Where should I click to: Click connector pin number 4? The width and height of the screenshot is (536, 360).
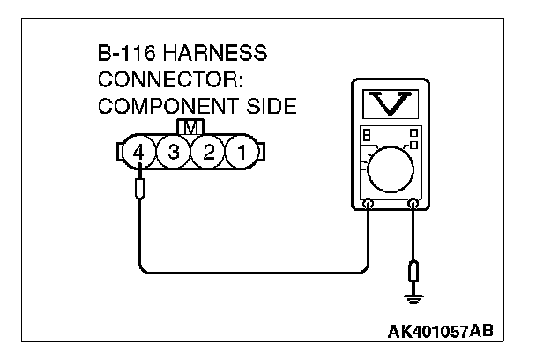(x=138, y=153)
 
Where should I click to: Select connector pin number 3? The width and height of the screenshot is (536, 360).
(x=174, y=153)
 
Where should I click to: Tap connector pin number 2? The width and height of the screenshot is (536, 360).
(x=209, y=153)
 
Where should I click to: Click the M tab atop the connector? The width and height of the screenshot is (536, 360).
(x=191, y=127)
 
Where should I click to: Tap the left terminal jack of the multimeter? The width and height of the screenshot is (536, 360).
(x=368, y=205)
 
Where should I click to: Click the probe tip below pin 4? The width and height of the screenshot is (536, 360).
(x=138, y=188)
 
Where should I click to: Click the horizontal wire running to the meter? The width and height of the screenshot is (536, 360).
(x=256, y=270)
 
